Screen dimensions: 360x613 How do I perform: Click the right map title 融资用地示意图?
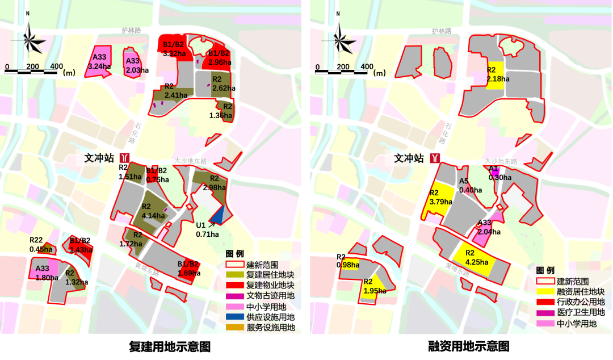coord(469,346)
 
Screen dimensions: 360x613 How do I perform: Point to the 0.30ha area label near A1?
coord(499,177)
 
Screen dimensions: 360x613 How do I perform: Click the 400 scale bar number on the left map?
coord(56,66)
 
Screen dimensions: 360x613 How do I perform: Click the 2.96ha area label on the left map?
coord(220,62)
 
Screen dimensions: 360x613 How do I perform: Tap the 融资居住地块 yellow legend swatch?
coord(545,291)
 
